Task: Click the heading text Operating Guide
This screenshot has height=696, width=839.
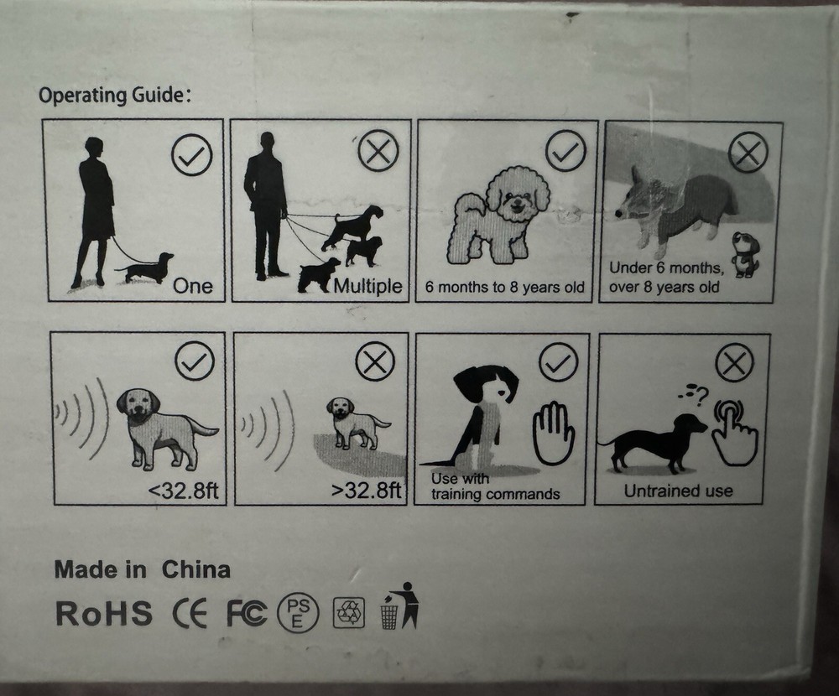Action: (114, 96)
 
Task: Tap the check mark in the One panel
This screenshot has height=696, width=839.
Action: (191, 155)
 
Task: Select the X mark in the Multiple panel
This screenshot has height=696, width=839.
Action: (378, 152)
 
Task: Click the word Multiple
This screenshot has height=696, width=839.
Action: (367, 286)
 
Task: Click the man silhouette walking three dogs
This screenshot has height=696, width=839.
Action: (266, 206)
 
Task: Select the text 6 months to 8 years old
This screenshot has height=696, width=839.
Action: (504, 288)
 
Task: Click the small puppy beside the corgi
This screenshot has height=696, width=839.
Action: (744, 254)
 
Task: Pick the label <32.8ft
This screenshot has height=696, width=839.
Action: (183, 490)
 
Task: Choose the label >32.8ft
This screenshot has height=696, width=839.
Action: (367, 490)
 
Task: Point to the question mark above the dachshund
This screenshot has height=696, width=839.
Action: (702, 395)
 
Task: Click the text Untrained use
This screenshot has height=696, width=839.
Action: (678, 491)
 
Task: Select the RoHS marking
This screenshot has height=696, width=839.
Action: (104, 613)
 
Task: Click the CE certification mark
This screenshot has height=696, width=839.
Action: (190, 614)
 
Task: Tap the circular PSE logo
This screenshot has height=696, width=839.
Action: (298, 613)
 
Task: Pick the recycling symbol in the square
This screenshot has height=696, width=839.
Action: (349, 613)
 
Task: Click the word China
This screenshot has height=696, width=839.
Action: (195, 569)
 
